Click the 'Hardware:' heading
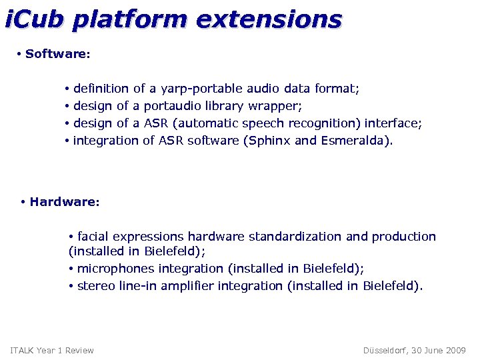coord(65,202)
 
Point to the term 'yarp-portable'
coord(202,89)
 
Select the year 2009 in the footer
coord(455,351)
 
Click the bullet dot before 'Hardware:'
coord(23,202)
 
